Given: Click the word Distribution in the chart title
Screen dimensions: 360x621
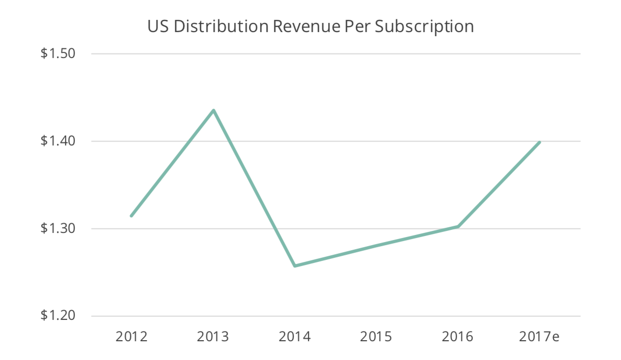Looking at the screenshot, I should (220, 26).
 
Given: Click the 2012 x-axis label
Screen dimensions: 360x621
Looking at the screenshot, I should (132, 337).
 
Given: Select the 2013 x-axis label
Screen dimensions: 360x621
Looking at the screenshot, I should (213, 337).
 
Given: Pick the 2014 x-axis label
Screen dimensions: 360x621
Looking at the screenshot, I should (295, 337).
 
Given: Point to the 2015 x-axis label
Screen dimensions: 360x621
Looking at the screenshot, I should (377, 337).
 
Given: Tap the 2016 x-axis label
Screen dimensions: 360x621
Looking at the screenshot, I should (458, 337).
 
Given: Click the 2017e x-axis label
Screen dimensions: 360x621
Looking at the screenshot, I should (540, 337).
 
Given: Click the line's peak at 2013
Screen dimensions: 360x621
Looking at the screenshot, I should (213, 110).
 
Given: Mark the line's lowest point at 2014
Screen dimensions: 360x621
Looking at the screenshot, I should (295, 266).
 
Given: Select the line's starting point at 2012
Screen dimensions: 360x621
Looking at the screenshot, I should (132, 216).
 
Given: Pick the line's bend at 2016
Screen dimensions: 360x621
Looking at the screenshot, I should (458, 226).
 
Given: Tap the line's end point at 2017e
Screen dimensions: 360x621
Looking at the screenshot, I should (539, 142).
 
